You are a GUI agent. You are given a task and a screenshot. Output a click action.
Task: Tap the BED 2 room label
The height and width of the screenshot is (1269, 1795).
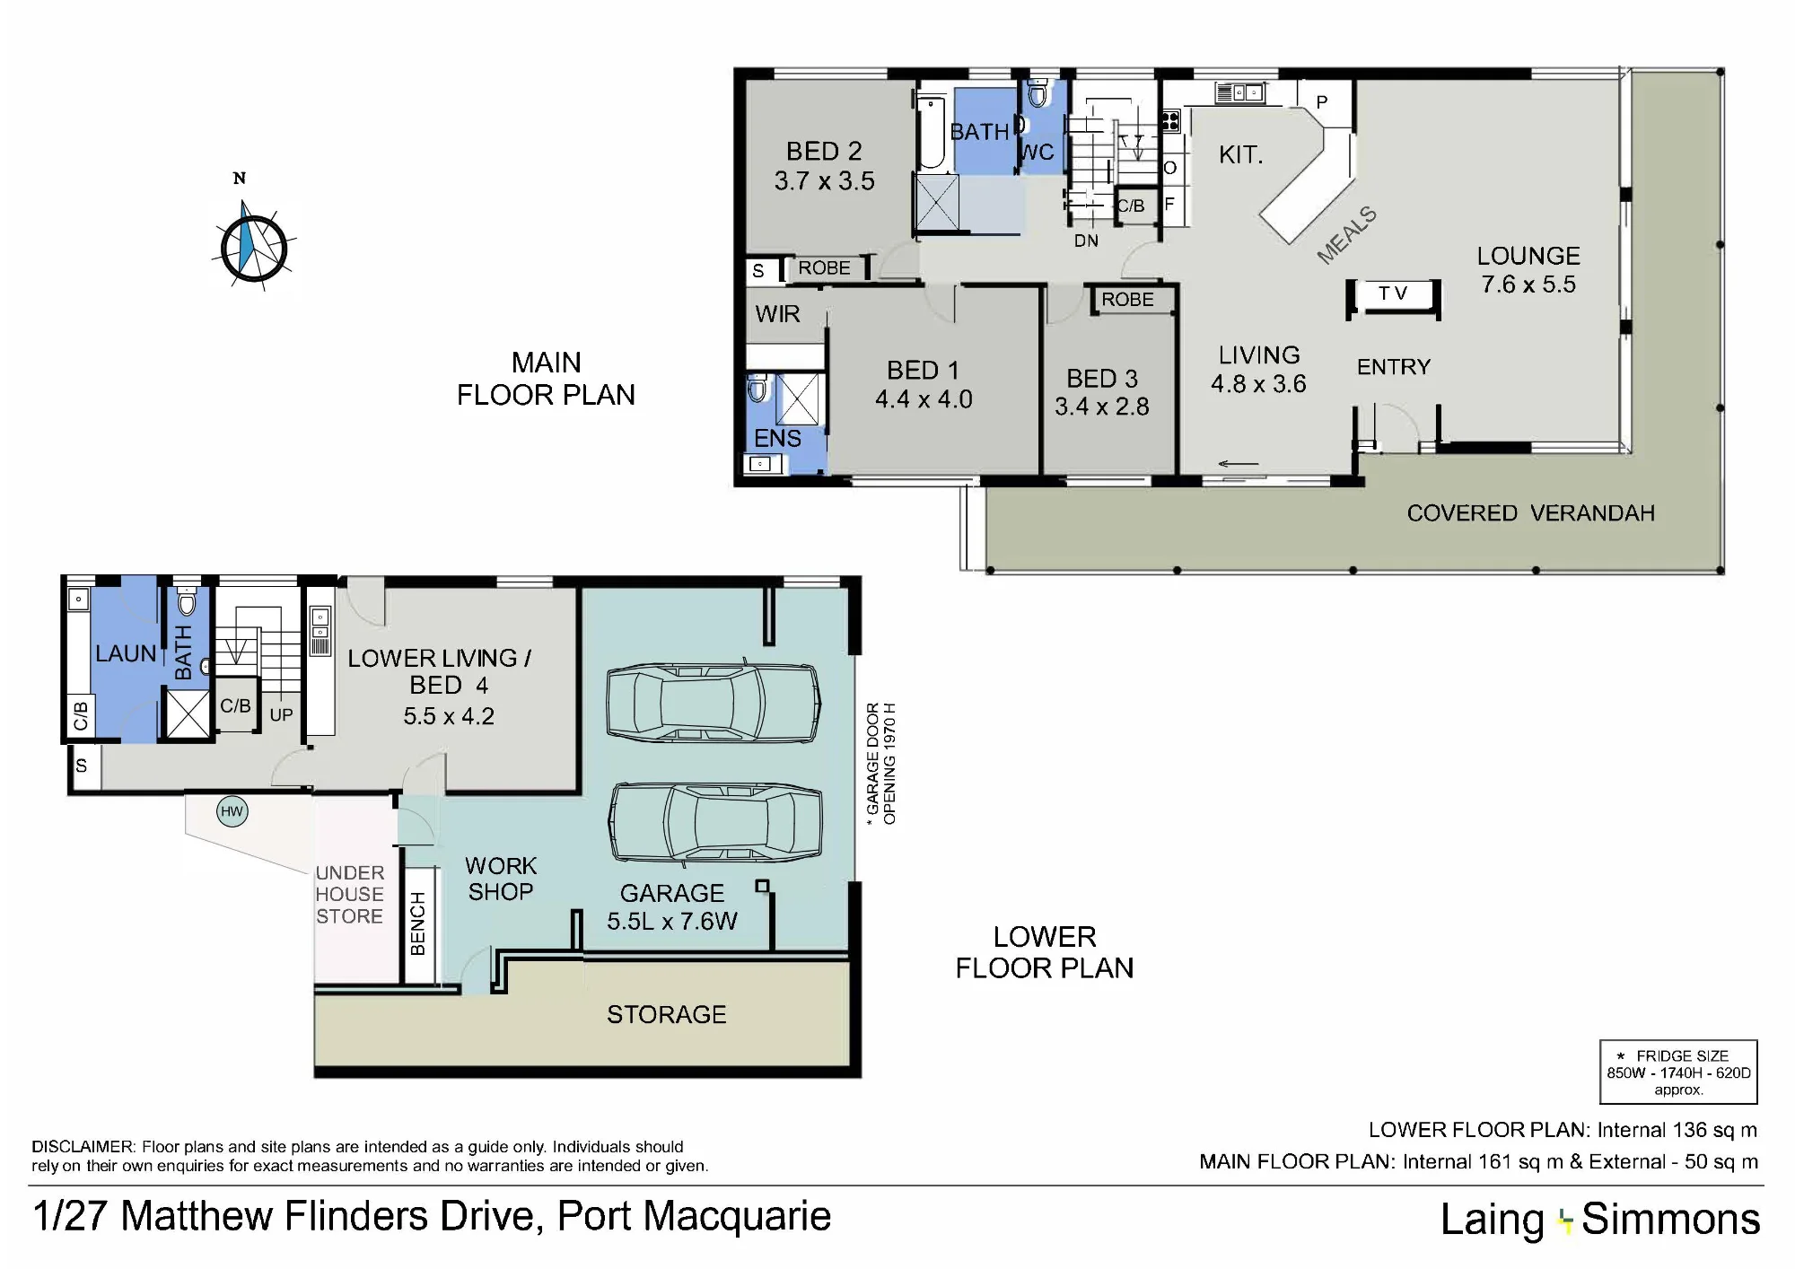[824, 151]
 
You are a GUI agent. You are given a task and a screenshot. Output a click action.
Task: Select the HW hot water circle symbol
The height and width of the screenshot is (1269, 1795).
[232, 812]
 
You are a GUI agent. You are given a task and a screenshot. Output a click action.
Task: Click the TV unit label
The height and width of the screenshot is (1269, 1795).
[1393, 293]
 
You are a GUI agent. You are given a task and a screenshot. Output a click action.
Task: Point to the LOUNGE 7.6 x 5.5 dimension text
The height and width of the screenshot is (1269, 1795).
[1528, 284]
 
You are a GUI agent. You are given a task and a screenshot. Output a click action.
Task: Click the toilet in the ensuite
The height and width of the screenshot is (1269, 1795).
[757, 389]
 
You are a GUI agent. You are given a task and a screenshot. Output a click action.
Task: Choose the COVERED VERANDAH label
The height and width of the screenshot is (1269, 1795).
[1530, 513]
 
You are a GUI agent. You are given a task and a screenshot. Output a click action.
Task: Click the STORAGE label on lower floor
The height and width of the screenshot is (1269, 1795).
[667, 1015]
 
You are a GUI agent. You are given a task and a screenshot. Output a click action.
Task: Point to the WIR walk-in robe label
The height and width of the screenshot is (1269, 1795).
[777, 314]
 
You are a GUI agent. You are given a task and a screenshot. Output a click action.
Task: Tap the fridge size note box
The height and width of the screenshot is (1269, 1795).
[1678, 1072]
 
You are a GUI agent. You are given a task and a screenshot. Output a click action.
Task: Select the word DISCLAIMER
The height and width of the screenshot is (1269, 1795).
[83, 1147]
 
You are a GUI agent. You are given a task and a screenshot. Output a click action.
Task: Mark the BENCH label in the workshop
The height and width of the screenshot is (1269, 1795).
[418, 923]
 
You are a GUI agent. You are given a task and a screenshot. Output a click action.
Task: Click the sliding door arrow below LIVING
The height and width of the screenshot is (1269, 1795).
[1239, 464]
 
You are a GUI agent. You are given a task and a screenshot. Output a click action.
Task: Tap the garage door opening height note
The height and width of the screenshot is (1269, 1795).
[880, 764]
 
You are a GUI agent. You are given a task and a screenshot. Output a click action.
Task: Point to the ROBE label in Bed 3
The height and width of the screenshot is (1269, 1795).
[1128, 300]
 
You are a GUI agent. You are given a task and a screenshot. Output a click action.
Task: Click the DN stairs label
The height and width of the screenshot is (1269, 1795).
[1086, 241]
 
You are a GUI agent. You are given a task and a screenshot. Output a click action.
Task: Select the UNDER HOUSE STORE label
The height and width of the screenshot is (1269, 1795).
[349, 895]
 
